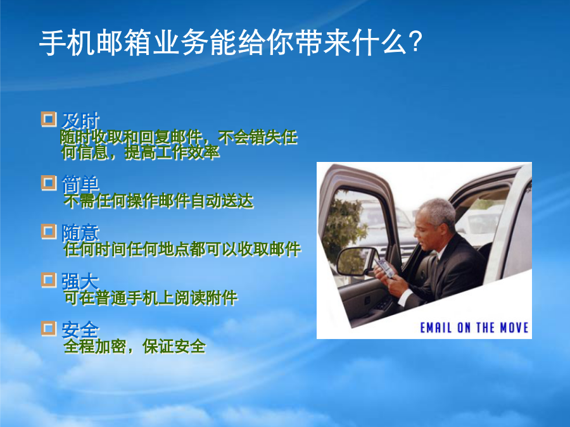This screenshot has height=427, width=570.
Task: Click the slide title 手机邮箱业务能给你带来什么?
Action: (231, 43)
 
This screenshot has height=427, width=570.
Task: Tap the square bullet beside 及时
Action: (49, 119)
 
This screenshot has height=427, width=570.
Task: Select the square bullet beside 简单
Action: (49, 183)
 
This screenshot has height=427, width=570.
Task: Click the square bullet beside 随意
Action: (49, 232)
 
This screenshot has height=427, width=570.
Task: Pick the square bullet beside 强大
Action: (49, 280)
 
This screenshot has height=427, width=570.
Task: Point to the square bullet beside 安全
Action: (49, 328)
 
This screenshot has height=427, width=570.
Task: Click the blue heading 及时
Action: (80, 121)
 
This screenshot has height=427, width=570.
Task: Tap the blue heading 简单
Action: (80, 183)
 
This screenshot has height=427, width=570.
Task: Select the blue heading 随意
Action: (80, 232)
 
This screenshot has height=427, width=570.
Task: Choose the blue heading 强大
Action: (80, 281)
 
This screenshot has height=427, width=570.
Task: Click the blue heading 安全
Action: (80, 330)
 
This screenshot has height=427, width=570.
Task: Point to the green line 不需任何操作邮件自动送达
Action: (158, 201)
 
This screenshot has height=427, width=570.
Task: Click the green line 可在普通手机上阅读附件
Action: (151, 298)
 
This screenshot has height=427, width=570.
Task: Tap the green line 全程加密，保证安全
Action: (134, 347)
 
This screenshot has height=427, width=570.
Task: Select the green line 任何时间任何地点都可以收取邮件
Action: (182, 249)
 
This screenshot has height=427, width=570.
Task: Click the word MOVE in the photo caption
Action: (514, 328)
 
